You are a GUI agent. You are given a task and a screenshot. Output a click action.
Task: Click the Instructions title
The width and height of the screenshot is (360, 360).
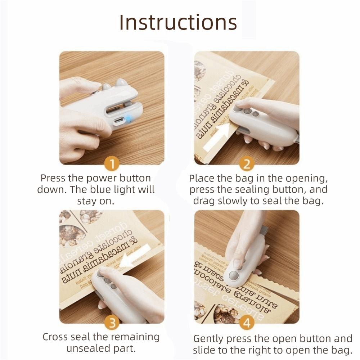tap(178, 22)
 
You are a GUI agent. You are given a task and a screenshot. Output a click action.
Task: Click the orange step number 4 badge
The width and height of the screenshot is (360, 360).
tap(247, 323)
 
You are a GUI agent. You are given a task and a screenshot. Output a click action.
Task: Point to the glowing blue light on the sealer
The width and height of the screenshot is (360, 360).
tap(129, 118)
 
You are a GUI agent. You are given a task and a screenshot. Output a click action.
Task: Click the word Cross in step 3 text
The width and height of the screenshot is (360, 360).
tap(55, 337)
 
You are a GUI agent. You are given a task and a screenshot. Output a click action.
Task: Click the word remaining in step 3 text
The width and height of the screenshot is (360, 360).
tap(138, 337)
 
